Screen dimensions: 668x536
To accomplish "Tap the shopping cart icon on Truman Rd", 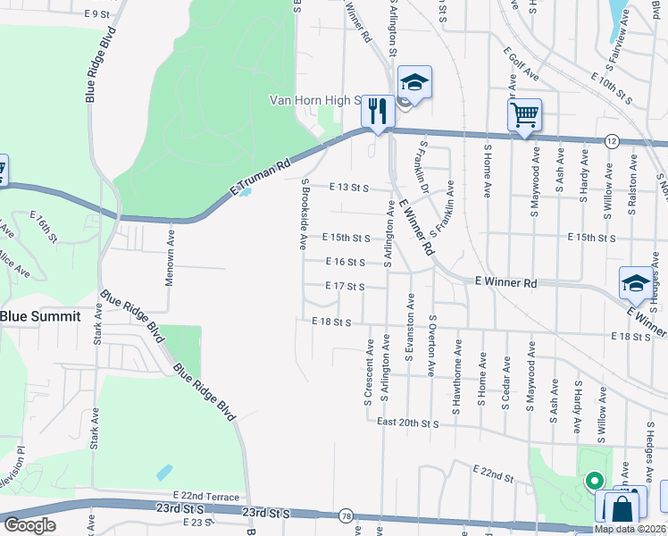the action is [x=524, y=114].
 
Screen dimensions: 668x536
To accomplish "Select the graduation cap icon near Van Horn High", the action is [x=413, y=83].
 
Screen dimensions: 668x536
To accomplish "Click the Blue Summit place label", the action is [x=40, y=316].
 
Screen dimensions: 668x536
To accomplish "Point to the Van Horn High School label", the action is [x=315, y=101].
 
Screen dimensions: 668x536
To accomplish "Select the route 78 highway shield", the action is [x=345, y=516].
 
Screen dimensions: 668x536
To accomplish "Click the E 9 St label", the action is [x=96, y=14].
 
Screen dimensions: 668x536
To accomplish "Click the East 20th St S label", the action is [x=408, y=422].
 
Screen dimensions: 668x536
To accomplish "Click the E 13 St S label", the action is [x=348, y=188].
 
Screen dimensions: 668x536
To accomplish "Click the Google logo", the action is [x=29, y=525].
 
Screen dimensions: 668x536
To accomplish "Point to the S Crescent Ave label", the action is [x=367, y=371].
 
